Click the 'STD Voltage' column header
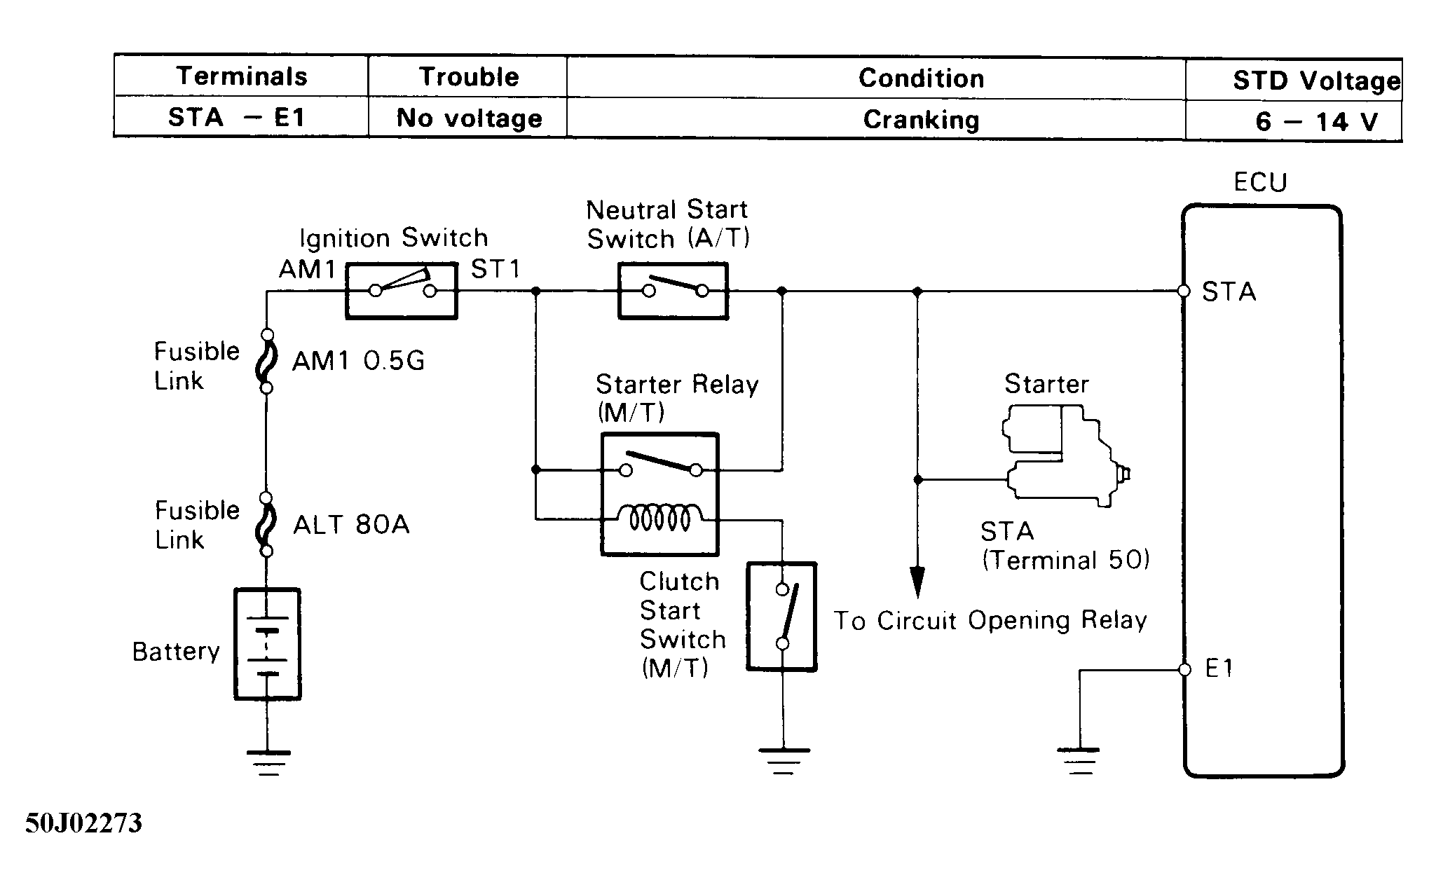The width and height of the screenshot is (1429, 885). pos(1316,81)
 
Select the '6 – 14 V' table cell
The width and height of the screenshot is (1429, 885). pos(1316,121)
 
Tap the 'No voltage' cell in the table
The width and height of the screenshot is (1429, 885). pos(469,118)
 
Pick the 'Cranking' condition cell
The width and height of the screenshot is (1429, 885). pos(920,119)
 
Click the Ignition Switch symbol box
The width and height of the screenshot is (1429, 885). pos(402,291)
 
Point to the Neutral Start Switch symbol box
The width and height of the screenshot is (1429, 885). pos(673,291)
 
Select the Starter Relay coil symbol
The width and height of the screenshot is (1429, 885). pos(659,519)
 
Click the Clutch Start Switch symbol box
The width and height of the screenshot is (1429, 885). pos(781,617)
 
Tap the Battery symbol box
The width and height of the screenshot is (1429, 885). pos(267,644)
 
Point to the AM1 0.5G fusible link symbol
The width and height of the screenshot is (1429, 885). pos(266,362)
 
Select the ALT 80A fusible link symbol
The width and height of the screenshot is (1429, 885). pos(266,525)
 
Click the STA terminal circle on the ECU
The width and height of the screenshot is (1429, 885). pos(1184,291)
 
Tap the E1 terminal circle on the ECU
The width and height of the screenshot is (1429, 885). pos(1184,670)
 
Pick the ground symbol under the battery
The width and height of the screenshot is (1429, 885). pos(268,762)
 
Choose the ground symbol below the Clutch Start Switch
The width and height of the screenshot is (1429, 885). pos(783,761)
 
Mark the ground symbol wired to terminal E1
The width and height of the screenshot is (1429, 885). pos(1080,761)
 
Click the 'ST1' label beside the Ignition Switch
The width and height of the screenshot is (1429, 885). pos(495,269)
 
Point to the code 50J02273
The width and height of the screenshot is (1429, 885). pos(83,823)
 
